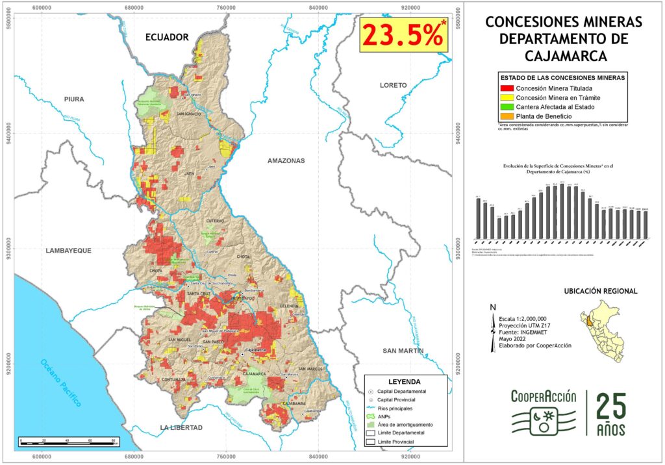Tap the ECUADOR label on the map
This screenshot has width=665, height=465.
[x=167, y=37]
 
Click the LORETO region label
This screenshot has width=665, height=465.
[x=394, y=85]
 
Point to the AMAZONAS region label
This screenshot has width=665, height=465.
[x=286, y=160]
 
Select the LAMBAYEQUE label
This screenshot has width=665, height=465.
[x=68, y=250]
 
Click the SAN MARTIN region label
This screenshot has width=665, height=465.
[x=403, y=351]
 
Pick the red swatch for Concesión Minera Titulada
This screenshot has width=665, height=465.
[x=505, y=88]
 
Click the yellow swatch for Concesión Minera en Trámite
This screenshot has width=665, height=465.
[x=505, y=97]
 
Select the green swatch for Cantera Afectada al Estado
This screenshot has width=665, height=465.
[x=505, y=107]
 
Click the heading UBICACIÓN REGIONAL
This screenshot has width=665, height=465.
[x=600, y=292]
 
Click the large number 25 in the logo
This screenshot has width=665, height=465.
[x=611, y=407]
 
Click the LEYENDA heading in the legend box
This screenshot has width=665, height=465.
[x=404, y=381]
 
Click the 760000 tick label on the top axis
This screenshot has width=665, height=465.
[x=226, y=6]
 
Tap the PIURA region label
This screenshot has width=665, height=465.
[x=75, y=99]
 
